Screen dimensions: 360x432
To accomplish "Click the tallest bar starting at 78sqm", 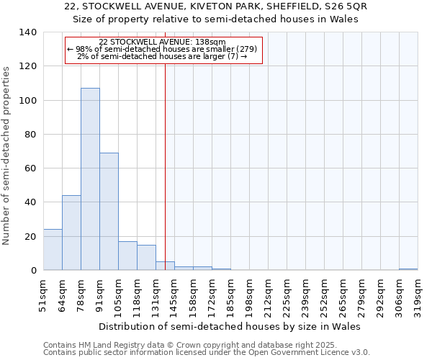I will [x=90, y=179].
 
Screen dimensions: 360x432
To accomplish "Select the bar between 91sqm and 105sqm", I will [x=109, y=212].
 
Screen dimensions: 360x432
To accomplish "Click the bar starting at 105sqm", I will [x=127, y=256].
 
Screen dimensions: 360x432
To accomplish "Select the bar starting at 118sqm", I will [x=146, y=258].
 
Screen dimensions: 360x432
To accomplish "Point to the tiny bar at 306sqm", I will [x=408, y=269].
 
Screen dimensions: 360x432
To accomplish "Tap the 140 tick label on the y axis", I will [x=28, y=32].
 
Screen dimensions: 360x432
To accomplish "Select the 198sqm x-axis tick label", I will [x=249, y=294].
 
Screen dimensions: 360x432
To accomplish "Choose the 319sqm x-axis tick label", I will [x=418, y=294].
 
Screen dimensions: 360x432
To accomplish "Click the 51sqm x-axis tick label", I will [x=43, y=294].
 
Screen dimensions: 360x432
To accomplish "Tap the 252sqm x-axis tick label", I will [x=324, y=294].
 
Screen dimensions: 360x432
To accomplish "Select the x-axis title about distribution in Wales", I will [x=229, y=326].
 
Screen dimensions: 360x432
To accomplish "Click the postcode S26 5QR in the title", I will [x=325, y=6].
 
